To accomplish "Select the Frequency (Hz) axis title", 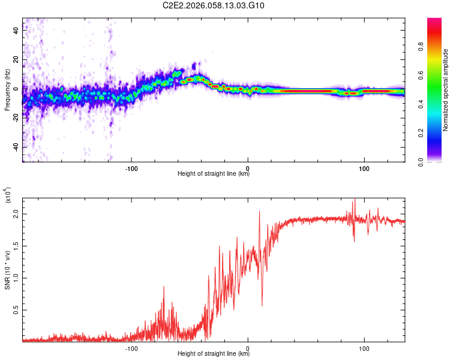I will [x=7, y=90].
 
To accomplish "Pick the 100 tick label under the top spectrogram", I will [x=364, y=167].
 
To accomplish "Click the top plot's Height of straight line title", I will [x=214, y=174].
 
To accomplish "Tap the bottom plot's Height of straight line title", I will [x=214, y=353].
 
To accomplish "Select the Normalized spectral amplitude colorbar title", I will [x=445, y=90].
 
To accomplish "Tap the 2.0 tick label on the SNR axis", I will [x=16, y=214].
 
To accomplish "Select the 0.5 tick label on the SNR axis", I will [x=16, y=310].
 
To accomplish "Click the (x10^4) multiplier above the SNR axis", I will [x=8, y=196].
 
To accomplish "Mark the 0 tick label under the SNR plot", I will [x=248, y=347].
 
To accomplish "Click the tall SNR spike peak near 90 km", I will [x=354, y=200].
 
